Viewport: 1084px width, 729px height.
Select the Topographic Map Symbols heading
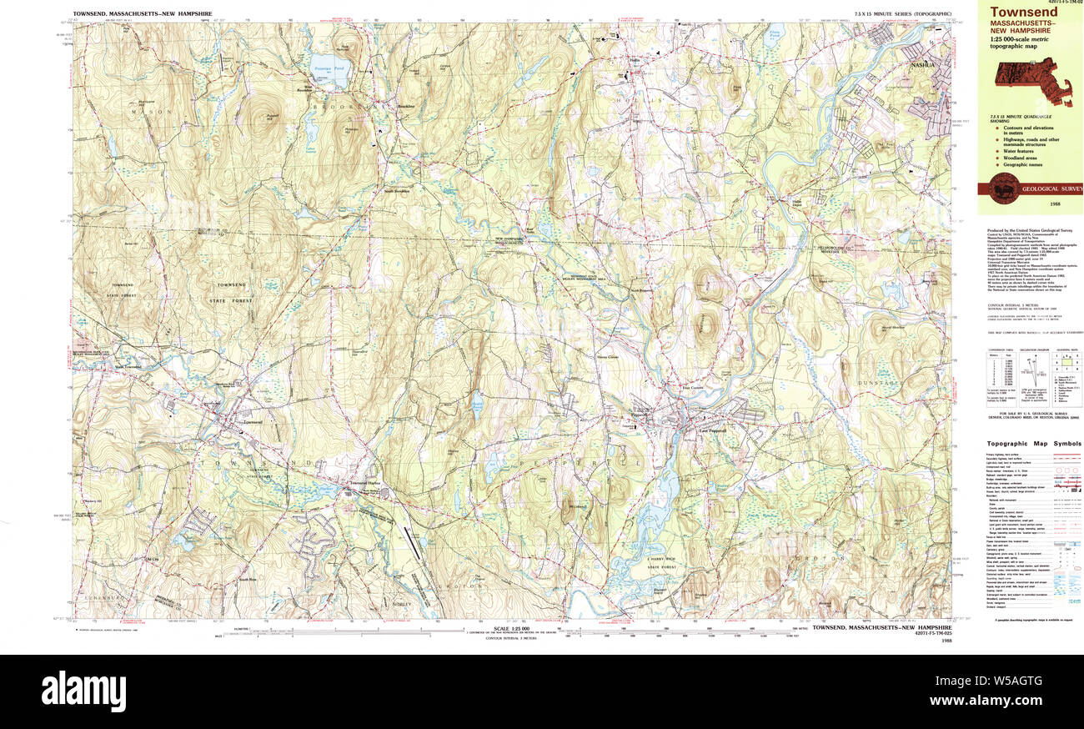[1034, 444]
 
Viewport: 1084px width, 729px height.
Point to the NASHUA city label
[921, 63]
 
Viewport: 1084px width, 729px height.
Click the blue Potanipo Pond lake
[328, 73]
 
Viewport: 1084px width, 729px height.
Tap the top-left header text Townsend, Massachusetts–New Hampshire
[142, 14]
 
